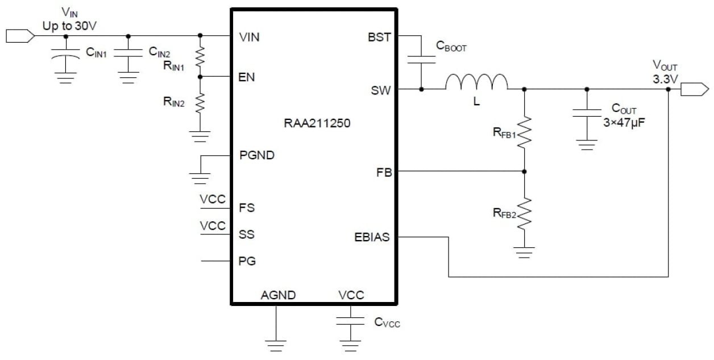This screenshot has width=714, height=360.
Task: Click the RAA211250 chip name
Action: (x=317, y=123)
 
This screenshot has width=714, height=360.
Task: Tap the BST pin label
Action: (x=380, y=37)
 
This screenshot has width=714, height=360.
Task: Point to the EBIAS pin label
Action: (x=372, y=237)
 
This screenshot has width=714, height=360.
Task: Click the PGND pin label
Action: (x=257, y=155)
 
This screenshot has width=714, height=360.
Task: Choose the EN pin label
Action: (x=247, y=77)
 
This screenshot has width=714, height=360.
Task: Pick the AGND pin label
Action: (x=278, y=295)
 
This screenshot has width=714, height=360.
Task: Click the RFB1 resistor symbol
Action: (x=524, y=132)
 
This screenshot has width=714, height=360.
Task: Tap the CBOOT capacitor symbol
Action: (x=421, y=60)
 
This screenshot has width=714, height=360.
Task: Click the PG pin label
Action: (x=247, y=262)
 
